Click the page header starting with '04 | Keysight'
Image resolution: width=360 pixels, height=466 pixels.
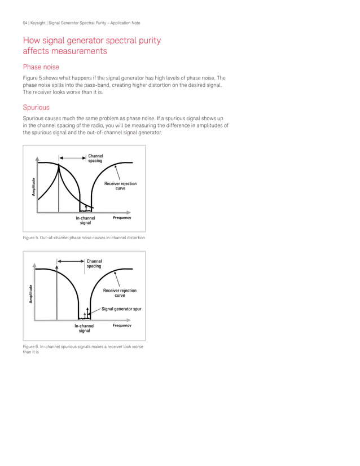pyautogui.click(x=81, y=23)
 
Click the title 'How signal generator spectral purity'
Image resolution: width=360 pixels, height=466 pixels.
pyautogui.click(x=91, y=41)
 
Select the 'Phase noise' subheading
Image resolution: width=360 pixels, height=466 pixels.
pyautogui.click(x=41, y=67)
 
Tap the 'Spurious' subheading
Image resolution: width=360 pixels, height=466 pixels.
pyautogui.click(x=36, y=107)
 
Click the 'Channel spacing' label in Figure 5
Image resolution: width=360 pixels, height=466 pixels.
pyautogui.click(x=95, y=159)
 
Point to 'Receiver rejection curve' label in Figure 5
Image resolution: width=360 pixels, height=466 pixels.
pyautogui.click(x=120, y=186)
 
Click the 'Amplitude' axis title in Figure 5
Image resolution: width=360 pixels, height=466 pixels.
pyautogui.click(x=34, y=187)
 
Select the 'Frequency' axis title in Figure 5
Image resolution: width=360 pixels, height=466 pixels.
pyautogui.click(x=122, y=218)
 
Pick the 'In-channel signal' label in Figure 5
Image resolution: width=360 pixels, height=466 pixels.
pyautogui.click(x=86, y=221)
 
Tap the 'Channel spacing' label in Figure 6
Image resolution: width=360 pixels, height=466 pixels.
pyautogui.click(x=94, y=263)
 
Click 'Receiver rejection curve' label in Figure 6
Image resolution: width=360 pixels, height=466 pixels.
pyautogui.click(x=120, y=293)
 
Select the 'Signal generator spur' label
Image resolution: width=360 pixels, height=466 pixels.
pyautogui.click(x=121, y=309)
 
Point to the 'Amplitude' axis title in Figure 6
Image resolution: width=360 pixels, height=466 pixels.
pyautogui.click(x=31, y=294)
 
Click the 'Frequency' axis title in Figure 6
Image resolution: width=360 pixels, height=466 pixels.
pyautogui.click(x=122, y=326)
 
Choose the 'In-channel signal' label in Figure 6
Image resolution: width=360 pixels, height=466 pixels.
pyautogui.click(x=84, y=328)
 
